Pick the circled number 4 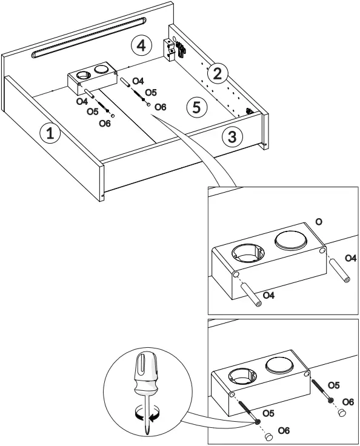(141, 45)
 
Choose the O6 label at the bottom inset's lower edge (284, 430)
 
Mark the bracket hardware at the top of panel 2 (177, 48)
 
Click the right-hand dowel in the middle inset (342, 271)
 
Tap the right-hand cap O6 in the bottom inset (342, 413)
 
